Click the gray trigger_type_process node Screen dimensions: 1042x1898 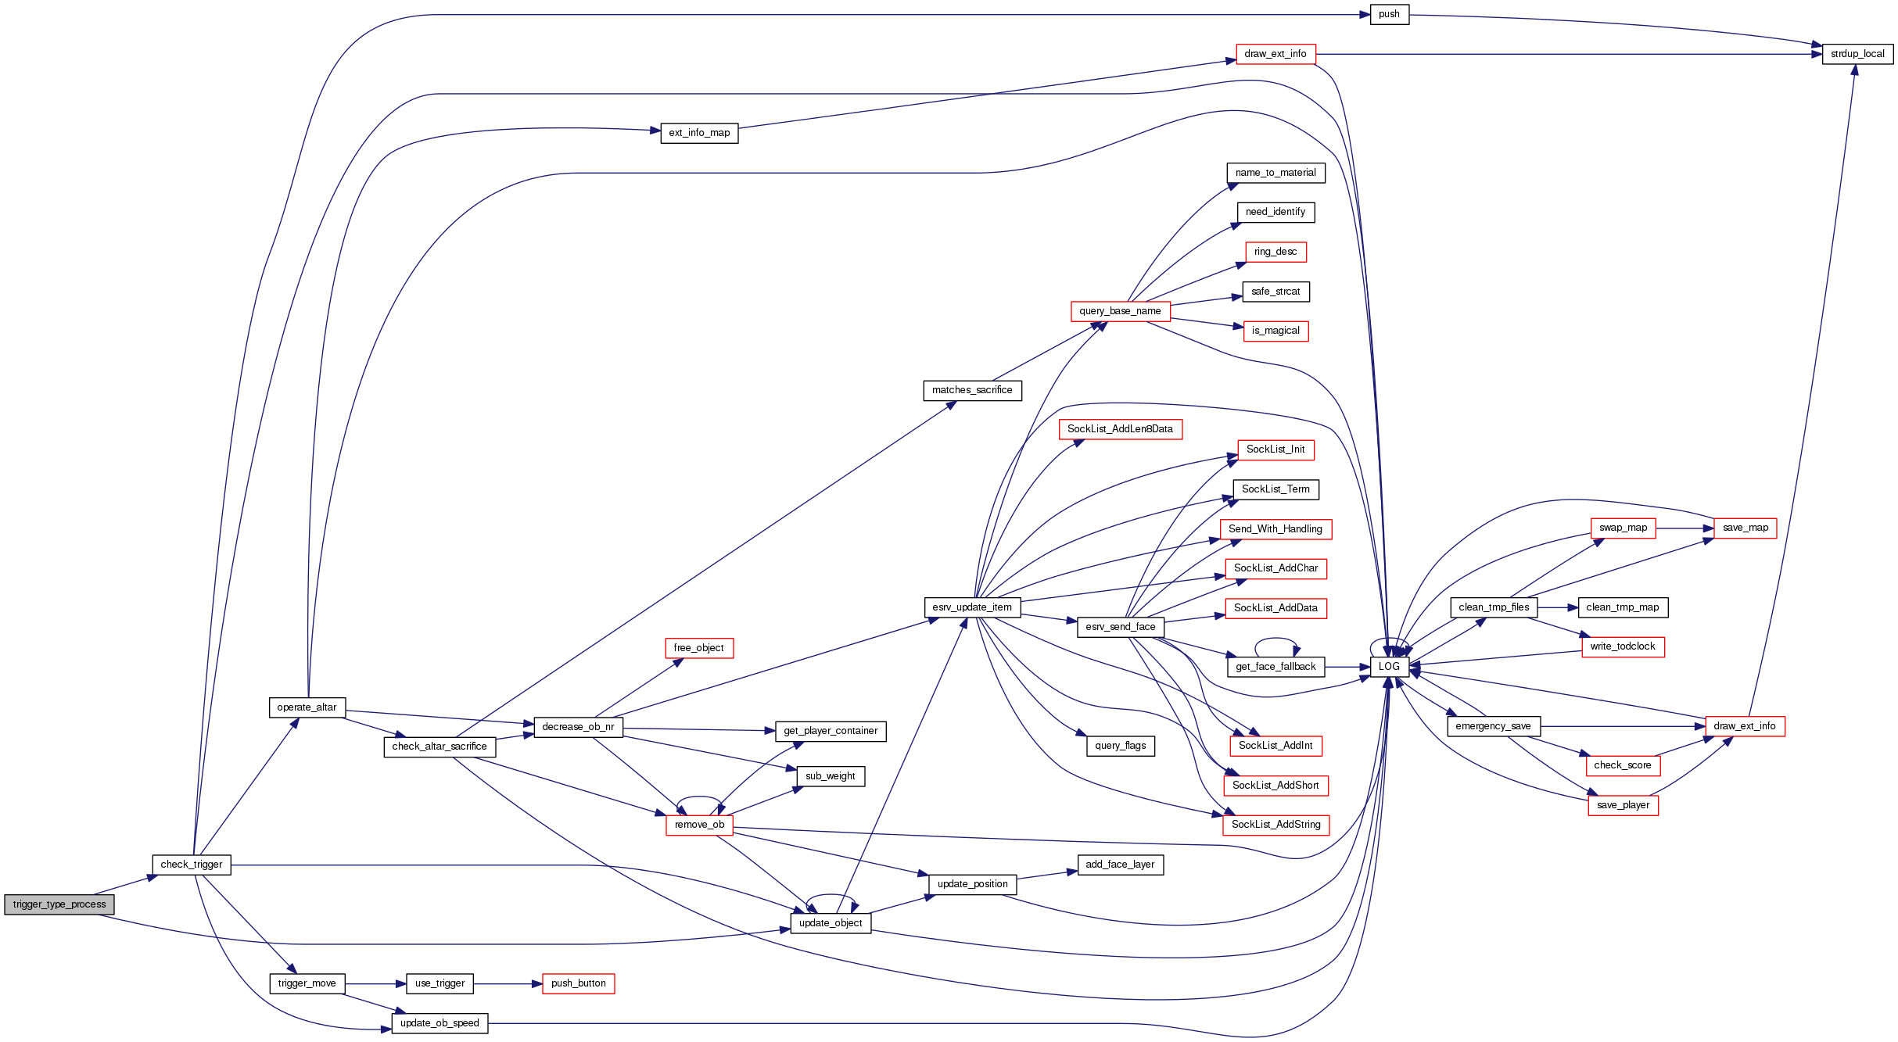(59, 904)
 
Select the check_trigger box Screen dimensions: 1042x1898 (192, 865)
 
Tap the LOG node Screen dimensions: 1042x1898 (1389, 667)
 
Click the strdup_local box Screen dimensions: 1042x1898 (1857, 54)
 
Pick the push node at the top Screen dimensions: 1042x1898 (1389, 14)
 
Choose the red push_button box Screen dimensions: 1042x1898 (578, 983)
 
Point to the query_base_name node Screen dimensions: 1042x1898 (1120, 311)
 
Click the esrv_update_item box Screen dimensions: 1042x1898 (972, 607)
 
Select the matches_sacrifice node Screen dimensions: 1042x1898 (972, 390)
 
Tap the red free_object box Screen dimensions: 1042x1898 (698, 648)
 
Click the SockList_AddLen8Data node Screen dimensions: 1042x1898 (1120, 429)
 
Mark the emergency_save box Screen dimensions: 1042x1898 (1493, 726)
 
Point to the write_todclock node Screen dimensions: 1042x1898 (1623, 646)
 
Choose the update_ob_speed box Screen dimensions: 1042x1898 (440, 1023)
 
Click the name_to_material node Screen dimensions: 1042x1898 (1275, 173)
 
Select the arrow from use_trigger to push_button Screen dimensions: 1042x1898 (508, 983)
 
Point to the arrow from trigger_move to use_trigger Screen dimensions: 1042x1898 (375, 983)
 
